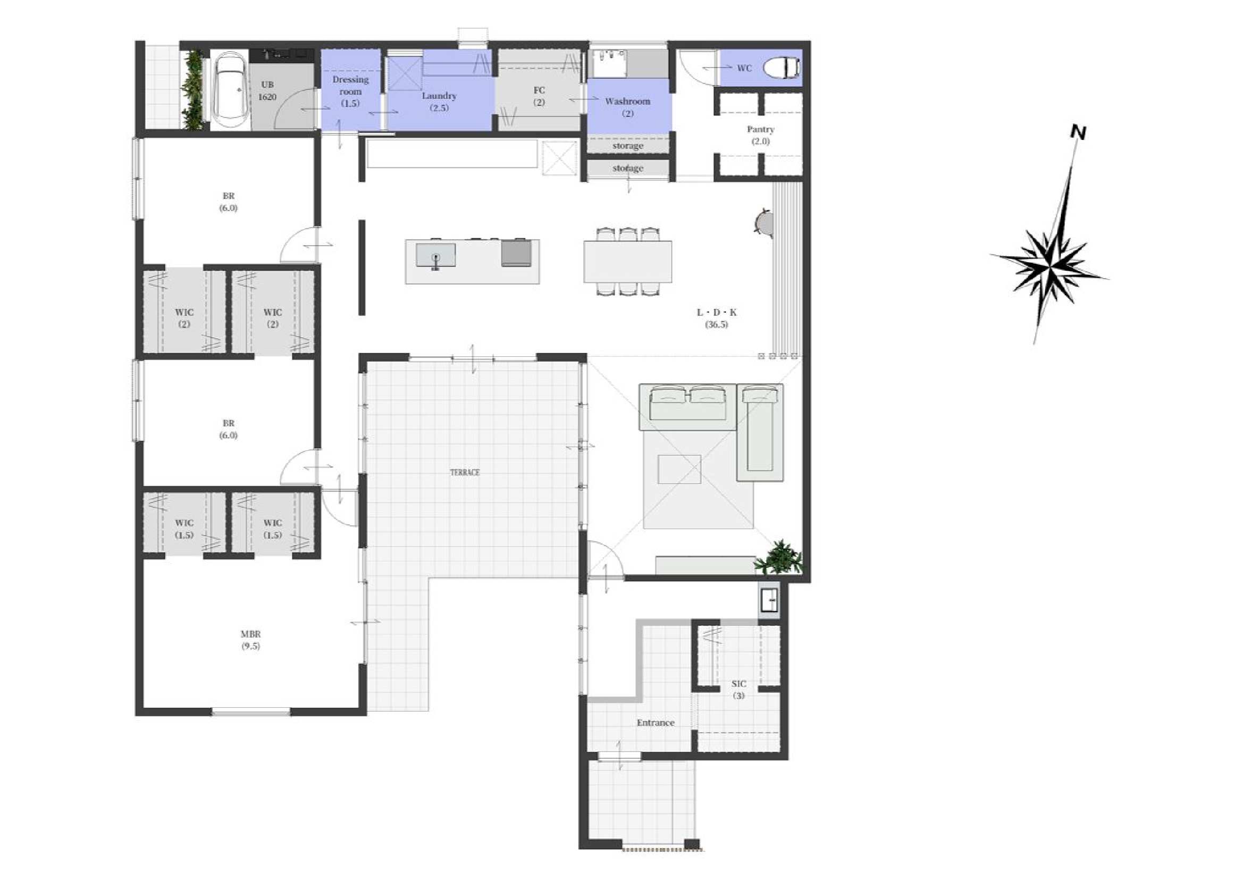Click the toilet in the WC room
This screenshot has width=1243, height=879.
point(781,68)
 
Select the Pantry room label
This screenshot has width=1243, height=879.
point(760,135)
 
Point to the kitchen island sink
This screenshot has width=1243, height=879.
point(435,255)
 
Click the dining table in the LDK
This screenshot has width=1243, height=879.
point(627,262)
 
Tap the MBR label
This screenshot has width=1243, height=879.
point(250,640)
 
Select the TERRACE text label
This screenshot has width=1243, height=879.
point(465,472)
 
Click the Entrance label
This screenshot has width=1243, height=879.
point(656,723)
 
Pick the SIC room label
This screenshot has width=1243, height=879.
point(738,690)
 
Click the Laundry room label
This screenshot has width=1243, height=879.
point(439,101)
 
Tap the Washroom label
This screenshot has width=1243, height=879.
point(627,107)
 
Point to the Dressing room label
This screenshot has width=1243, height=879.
point(350,91)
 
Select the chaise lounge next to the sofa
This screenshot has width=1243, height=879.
point(760,432)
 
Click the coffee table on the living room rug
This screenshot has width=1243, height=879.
point(679,469)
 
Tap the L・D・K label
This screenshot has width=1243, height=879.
point(716,319)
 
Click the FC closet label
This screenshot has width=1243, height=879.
point(539,96)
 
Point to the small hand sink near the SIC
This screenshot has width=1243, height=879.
point(769,600)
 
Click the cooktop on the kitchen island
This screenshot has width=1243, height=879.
point(515,253)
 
